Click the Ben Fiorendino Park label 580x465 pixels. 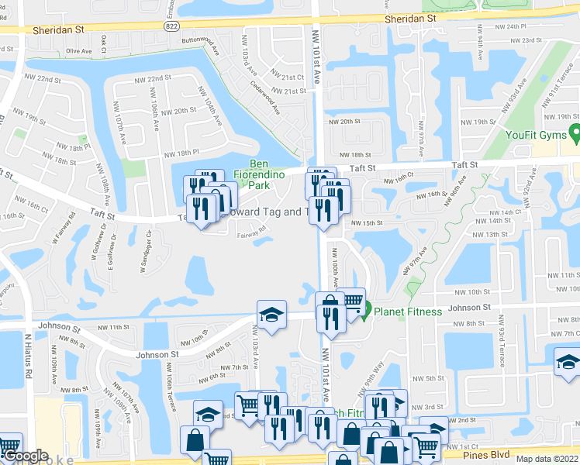[x=268, y=175]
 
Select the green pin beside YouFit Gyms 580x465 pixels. [x=575, y=134]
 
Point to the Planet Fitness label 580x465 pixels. [x=408, y=312]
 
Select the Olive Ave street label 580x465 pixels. [x=79, y=51]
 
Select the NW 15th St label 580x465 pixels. [x=368, y=223]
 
